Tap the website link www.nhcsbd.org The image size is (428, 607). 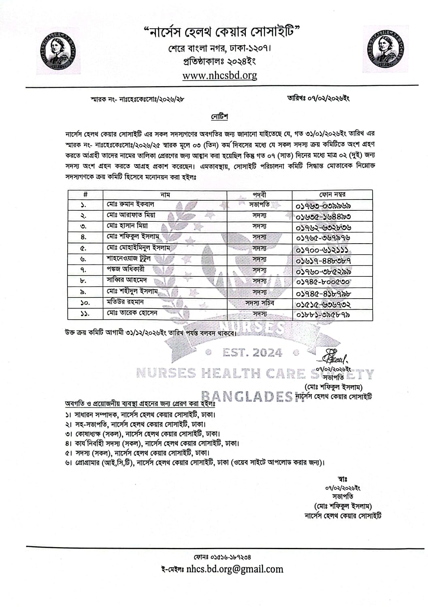pyautogui.click(x=219, y=75)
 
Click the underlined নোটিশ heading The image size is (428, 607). pyautogui.click(x=219, y=117)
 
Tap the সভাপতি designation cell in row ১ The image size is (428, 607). pyautogui.click(x=259, y=204)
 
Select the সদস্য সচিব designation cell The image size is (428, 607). pyautogui.click(x=259, y=302)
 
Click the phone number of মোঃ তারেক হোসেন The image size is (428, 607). pyautogui.click(x=323, y=314)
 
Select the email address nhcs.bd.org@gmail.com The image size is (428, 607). pyautogui.click(x=235, y=569)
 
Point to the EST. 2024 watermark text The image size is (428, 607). pyautogui.click(x=252, y=353)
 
